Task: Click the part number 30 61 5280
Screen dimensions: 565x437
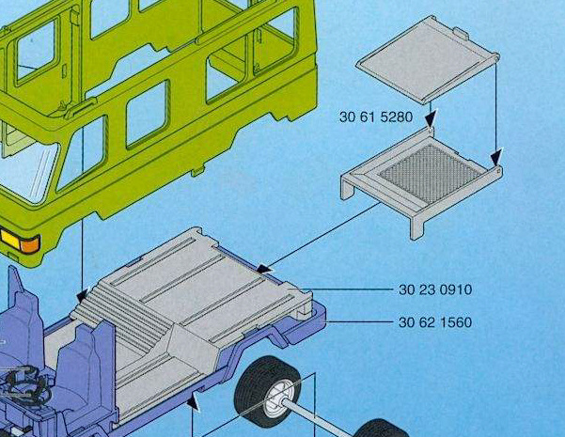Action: tap(376, 117)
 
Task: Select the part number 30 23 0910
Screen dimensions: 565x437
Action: tap(435, 289)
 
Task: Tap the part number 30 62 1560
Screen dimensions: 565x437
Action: tap(435, 322)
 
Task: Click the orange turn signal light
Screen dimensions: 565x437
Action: tap(29, 245)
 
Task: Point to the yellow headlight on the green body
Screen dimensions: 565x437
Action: tap(10, 240)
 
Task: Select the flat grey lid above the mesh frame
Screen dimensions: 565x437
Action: tap(428, 59)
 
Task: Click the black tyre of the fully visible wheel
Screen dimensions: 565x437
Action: tap(267, 391)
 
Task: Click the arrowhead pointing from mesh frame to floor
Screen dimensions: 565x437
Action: tap(265, 269)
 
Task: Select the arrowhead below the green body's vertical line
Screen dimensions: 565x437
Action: tap(83, 295)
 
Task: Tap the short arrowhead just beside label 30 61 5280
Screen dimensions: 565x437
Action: tap(431, 118)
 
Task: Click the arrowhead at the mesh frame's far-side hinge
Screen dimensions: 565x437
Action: tap(496, 158)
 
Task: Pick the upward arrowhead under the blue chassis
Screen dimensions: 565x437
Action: tap(193, 400)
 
